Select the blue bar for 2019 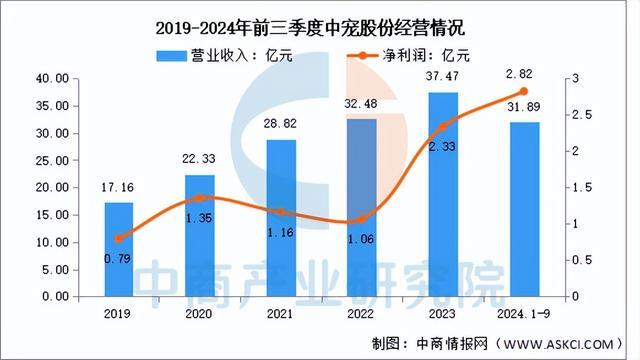point(119,250)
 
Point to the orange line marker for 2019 point(119,238)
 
